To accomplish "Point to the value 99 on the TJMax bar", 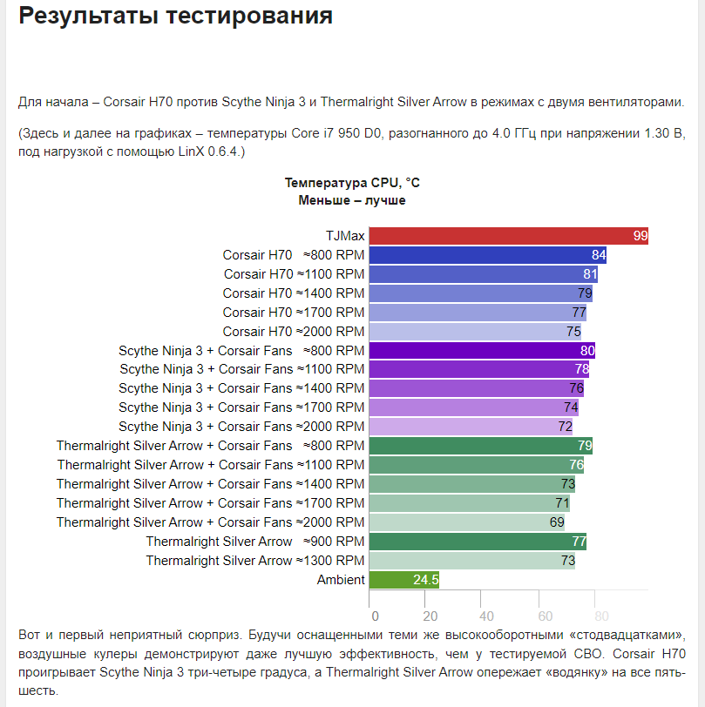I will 641,236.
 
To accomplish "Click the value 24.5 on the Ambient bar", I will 425,579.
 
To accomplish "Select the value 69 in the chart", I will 556,522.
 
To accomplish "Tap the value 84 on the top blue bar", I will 599,255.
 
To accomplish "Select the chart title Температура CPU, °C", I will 352,183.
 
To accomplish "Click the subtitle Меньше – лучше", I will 352,200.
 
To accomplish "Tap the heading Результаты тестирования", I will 175,16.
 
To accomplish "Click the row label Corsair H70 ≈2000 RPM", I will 294,332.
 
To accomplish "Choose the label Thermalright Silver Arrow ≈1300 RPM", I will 255,561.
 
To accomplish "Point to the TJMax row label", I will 344,236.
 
